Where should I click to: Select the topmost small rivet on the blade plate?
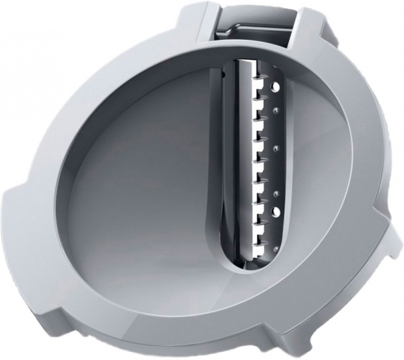click(x=275, y=107)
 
